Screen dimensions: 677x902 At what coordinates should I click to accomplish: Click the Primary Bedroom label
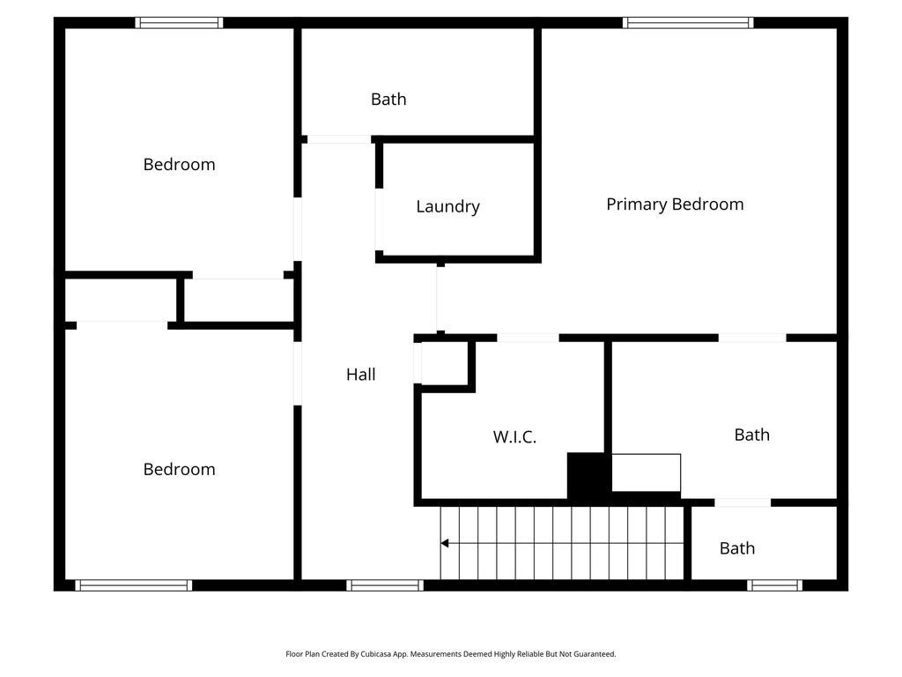tap(675, 205)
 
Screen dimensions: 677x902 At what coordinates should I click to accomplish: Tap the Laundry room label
tap(447, 207)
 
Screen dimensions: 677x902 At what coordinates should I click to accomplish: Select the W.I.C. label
tap(514, 436)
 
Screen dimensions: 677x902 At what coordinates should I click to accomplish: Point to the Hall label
tap(360, 375)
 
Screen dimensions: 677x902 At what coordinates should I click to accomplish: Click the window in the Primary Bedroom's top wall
tap(688, 23)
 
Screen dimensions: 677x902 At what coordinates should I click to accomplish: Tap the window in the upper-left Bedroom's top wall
tap(179, 23)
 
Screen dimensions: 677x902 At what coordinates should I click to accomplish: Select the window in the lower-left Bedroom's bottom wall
tap(133, 584)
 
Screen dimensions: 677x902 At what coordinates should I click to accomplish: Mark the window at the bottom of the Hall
tap(385, 584)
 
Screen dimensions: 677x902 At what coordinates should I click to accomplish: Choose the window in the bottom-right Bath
tap(775, 584)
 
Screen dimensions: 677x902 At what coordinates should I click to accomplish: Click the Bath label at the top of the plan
tap(388, 100)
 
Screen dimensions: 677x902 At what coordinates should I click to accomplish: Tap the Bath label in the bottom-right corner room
tap(737, 548)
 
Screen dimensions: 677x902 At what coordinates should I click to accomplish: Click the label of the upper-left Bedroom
tap(179, 165)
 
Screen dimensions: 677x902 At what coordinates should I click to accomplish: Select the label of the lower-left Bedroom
tap(179, 470)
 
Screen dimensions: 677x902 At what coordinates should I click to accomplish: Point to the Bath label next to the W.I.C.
tap(751, 435)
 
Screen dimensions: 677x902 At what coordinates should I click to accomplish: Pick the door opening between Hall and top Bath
tap(338, 139)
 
